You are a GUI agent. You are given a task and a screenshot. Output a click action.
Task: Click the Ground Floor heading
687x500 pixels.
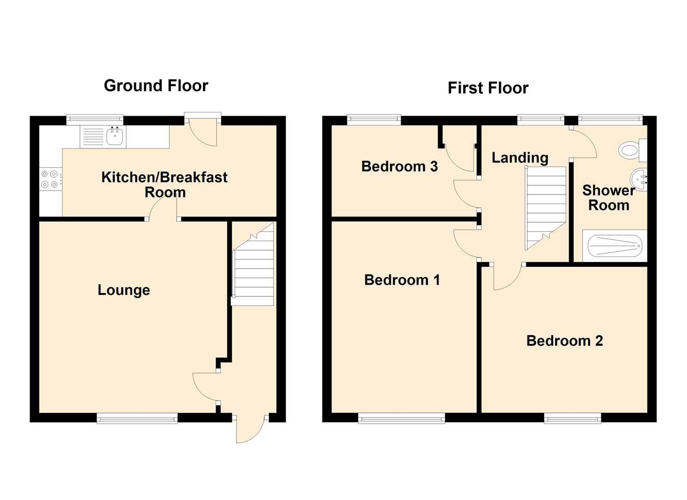(156, 86)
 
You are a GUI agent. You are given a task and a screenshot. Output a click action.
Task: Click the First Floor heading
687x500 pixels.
(488, 88)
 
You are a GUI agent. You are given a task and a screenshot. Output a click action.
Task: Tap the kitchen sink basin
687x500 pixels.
(115, 136)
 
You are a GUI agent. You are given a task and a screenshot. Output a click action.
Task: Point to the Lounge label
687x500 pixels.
(124, 290)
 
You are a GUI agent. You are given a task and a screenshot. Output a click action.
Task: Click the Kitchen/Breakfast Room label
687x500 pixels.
(164, 185)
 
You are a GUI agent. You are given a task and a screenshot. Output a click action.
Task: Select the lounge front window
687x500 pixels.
(137, 418)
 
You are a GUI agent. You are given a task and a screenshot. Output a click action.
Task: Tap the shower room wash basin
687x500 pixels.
(638, 180)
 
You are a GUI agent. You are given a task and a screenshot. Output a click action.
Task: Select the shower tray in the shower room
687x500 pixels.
(615, 246)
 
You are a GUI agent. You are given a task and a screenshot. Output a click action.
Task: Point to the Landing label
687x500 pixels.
(520, 158)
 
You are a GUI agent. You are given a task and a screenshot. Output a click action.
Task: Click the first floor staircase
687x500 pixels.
(545, 208)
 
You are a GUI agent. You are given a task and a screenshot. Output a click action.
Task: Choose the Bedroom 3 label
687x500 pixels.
(399, 166)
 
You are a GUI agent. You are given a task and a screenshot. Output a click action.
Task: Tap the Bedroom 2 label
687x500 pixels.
(564, 341)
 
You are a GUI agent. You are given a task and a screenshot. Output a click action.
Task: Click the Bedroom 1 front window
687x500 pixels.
(402, 418)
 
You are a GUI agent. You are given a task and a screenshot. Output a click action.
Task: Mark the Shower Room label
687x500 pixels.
(609, 198)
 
